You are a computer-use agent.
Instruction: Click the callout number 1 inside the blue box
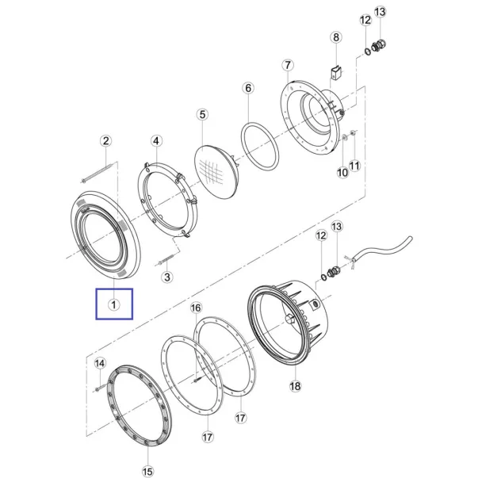pos(113,304)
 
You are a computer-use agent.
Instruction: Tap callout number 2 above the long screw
pos(105,141)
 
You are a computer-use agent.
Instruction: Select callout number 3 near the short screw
pos(167,277)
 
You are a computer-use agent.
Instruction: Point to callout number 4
pos(156,141)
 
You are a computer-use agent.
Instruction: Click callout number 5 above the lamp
pos(202,115)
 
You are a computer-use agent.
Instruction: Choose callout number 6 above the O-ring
pos(248,88)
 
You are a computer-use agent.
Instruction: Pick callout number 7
pos(288,65)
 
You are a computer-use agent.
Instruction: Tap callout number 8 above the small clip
pos(336,37)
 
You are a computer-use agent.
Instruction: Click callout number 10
pos(342,173)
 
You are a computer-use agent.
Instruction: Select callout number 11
pos(354,166)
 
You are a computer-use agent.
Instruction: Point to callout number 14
pos(100,363)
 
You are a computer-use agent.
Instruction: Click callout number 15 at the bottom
pos(147,471)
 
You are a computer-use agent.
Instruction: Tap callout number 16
pos(196,308)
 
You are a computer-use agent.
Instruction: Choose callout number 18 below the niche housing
pos(295,386)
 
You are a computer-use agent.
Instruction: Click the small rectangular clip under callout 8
pos(336,73)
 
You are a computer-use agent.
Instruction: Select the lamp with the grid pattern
pos(217,172)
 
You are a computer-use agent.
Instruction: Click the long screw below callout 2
pos(98,174)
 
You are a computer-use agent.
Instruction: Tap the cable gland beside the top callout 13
pos(379,45)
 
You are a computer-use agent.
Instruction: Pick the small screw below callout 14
pos(101,387)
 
